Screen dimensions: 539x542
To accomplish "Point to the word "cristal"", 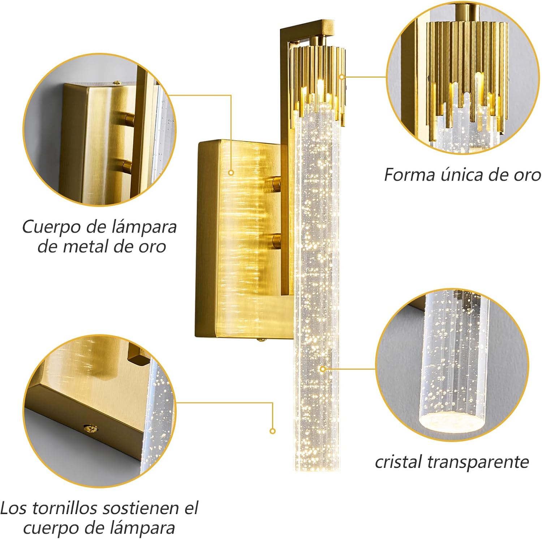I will pos(399,462).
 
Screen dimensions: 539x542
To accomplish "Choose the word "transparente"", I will pos(478,462).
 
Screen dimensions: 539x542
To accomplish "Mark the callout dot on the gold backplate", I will pos(231,173).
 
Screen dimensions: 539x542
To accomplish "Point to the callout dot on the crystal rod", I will pos(323,369).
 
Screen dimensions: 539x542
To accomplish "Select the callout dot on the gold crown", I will pos(342,77).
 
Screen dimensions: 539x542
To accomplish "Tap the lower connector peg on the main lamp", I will pos(276,241).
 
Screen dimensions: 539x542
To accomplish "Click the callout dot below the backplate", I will pos(273,431).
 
